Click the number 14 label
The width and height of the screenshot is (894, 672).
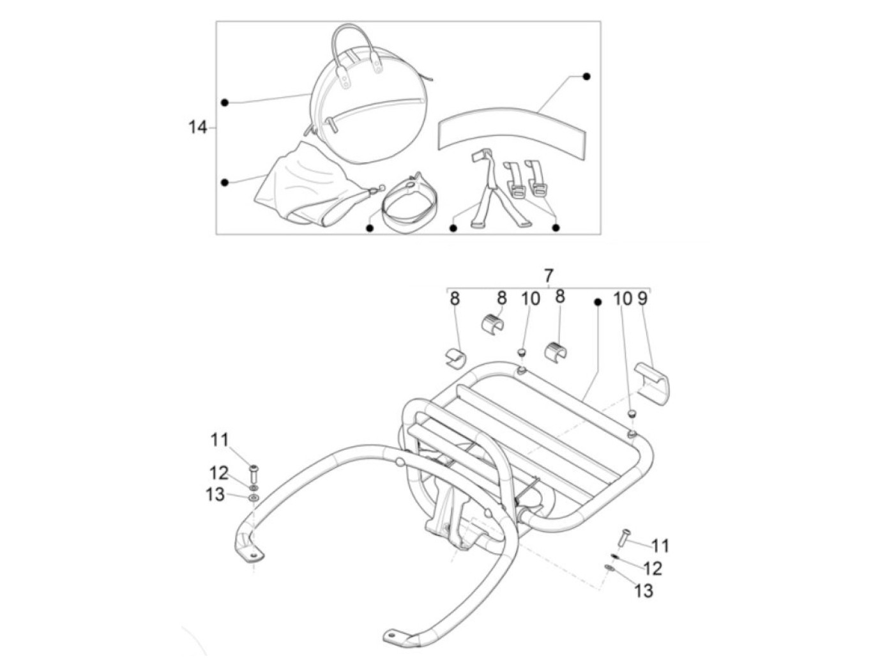(197, 127)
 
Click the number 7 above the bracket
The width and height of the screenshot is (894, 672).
(548, 277)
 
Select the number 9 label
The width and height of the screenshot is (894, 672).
(642, 298)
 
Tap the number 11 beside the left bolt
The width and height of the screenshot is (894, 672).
(220, 439)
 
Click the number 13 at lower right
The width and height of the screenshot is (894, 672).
(644, 591)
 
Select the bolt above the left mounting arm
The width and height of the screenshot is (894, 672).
(253, 473)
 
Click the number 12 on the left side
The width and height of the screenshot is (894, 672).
(219, 473)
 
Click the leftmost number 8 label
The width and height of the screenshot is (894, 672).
(455, 298)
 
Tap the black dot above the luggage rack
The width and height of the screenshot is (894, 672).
(598, 301)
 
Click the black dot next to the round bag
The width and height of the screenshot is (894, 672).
(225, 102)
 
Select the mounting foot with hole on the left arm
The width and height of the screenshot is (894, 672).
(250, 551)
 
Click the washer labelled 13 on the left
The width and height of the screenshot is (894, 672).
(253, 498)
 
